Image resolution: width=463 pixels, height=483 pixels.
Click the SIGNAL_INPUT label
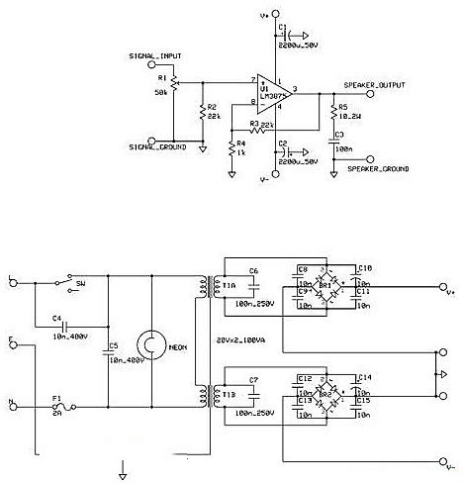point(148,58)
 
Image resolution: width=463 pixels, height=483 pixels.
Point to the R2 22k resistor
point(203,116)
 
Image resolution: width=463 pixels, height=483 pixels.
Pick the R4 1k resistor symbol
point(231,148)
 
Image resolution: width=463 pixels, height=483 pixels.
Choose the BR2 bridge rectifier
point(325,394)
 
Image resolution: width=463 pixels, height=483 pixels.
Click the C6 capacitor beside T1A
point(254,283)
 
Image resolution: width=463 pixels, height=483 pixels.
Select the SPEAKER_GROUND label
point(379,169)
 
